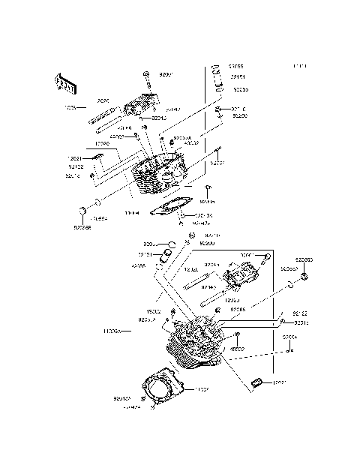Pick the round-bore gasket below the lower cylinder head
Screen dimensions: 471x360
[159, 388]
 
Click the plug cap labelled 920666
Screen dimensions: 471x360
[81, 208]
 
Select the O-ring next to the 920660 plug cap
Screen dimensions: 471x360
[289, 285]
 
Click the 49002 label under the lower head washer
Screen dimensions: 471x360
[237, 349]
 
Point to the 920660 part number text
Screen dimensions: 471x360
[304, 259]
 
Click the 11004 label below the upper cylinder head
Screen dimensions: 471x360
[133, 213]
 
